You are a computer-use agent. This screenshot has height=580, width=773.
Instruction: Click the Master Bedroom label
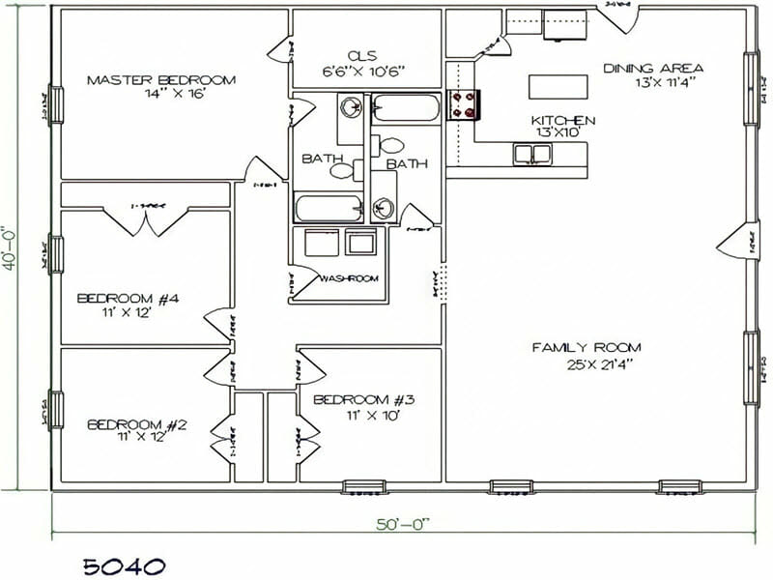(161, 79)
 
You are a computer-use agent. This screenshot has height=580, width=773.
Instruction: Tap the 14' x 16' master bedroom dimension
(161, 95)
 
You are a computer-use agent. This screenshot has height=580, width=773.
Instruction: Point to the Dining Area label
(653, 68)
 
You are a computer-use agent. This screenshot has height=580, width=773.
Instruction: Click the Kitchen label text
(563, 120)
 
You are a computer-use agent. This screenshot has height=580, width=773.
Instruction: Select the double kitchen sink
(531, 153)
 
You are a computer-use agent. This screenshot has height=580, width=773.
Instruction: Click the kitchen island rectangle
(558, 87)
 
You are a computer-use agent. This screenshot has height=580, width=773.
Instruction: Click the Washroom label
(349, 278)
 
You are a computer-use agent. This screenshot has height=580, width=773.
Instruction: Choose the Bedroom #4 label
(129, 299)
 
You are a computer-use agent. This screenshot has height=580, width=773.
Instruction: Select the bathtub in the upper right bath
(406, 107)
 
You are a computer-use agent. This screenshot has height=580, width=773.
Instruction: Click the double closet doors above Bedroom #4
(146, 218)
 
